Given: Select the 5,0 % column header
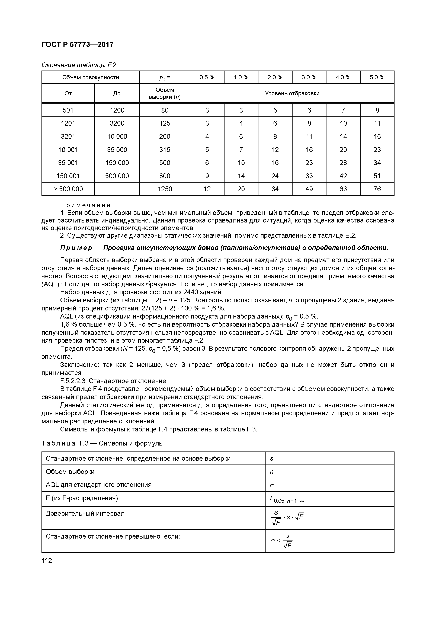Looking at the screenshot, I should [377, 77].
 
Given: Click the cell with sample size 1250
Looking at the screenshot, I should [165, 189].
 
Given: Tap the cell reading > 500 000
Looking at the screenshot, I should [68, 189].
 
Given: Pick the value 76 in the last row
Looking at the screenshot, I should [377, 189].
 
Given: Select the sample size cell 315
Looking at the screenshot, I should [165, 150].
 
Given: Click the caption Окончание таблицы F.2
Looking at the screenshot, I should [79, 65].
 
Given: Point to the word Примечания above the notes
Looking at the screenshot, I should [85, 205].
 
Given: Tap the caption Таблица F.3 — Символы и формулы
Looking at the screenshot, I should [102, 443].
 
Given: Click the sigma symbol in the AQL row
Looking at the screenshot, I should [272, 485].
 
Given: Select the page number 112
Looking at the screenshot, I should [47, 561].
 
